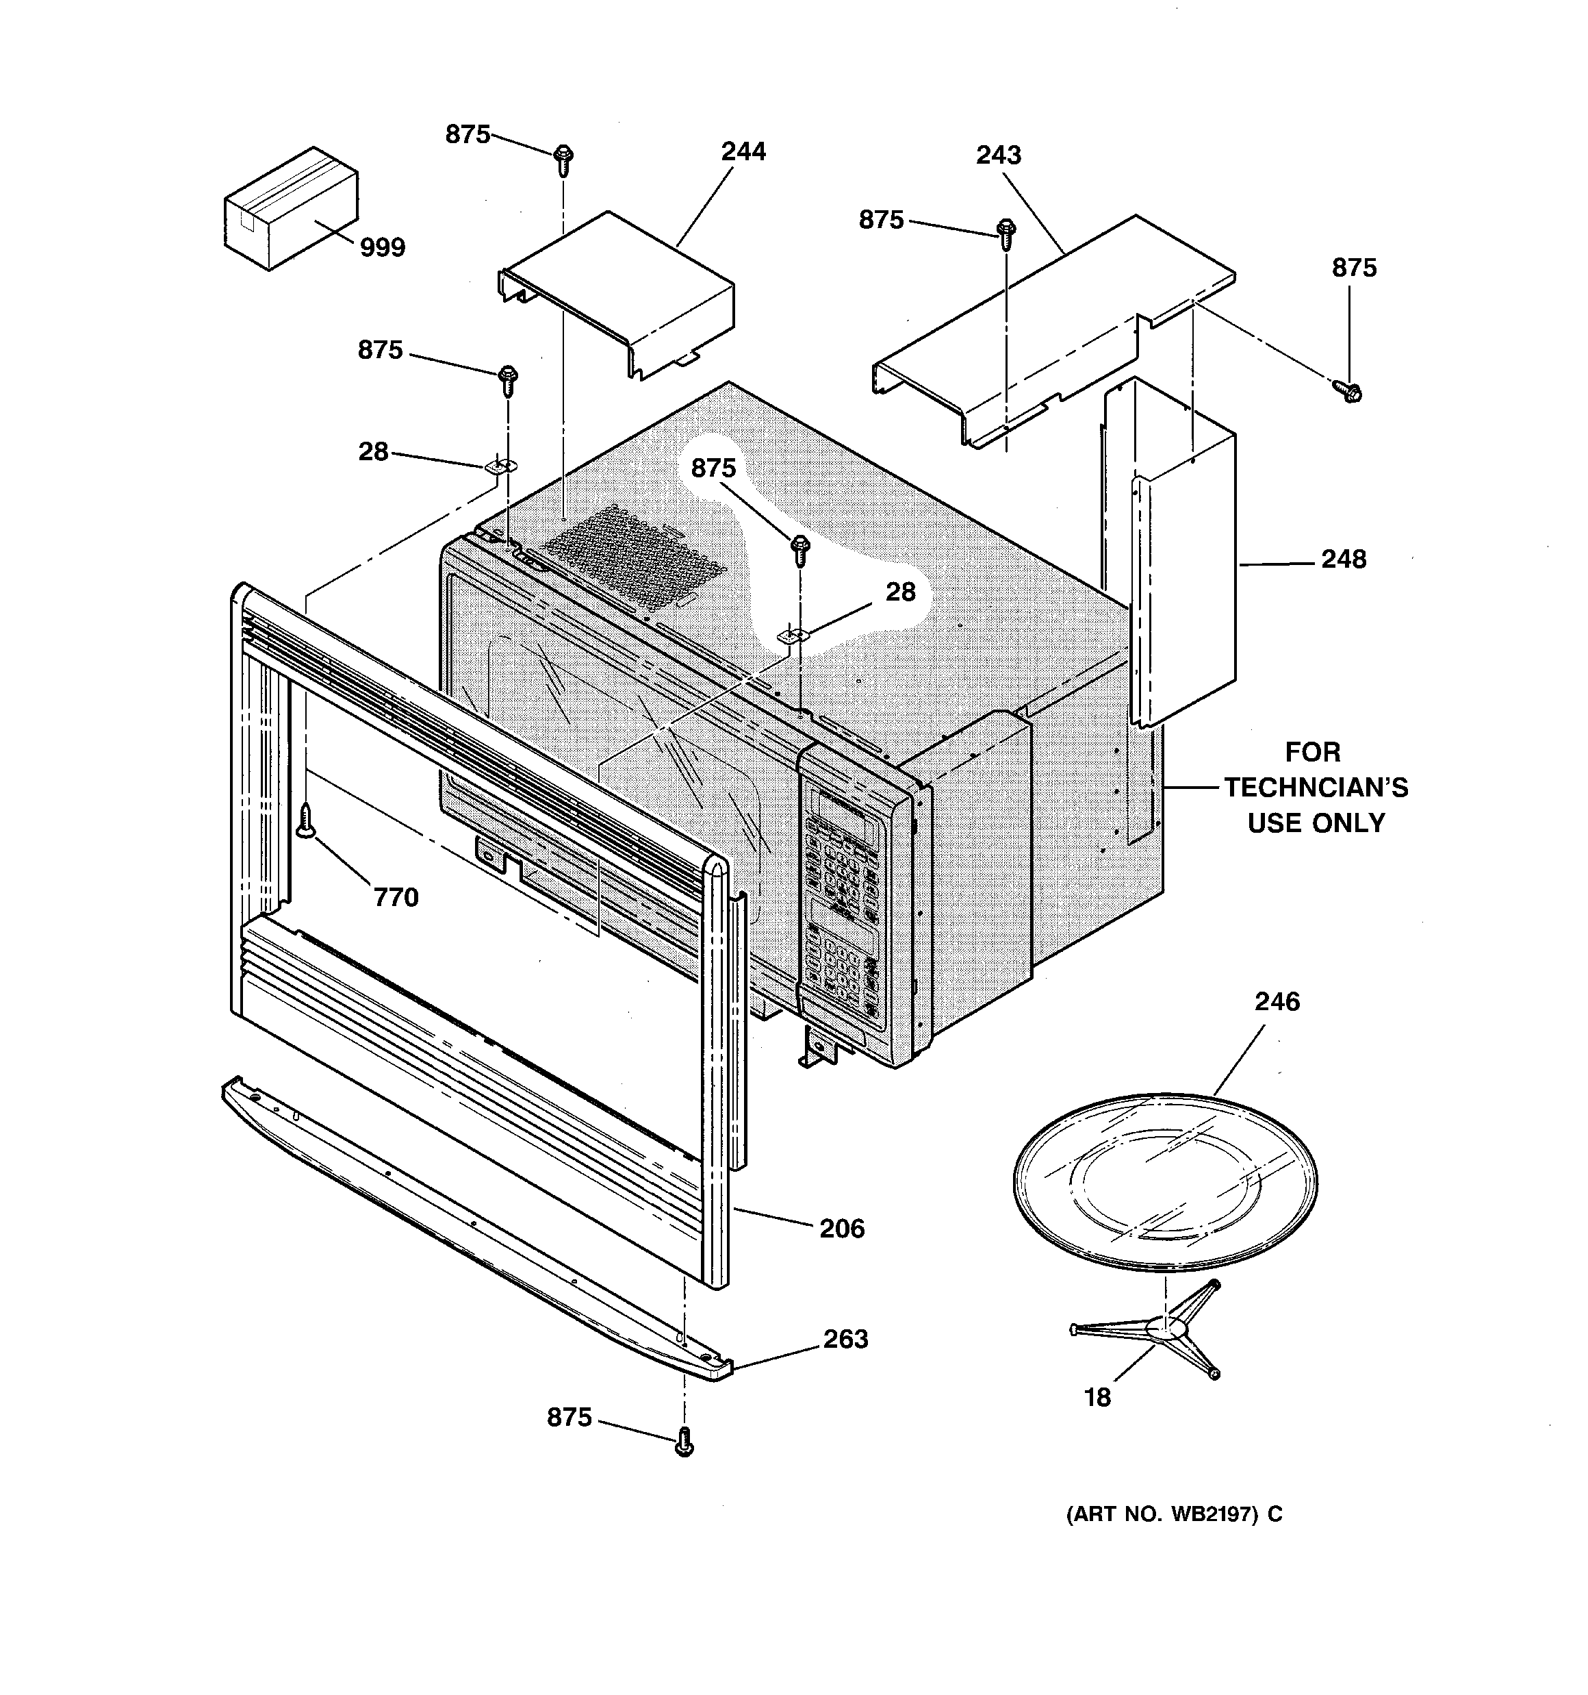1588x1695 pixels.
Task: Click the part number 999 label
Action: click(382, 247)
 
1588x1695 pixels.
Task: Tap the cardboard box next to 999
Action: click(290, 208)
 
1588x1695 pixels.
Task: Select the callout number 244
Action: click(743, 152)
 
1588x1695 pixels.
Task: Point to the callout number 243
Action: click(998, 155)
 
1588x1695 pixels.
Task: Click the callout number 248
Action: click(1344, 560)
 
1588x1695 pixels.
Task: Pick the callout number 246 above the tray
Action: click(1277, 1001)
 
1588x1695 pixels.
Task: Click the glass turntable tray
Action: click(1165, 1185)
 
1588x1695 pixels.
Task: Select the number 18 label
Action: click(1097, 1398)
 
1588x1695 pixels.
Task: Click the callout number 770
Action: click(396, 897)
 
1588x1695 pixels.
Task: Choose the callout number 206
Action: click(841, 1229)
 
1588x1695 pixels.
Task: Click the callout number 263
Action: click(845, 1339)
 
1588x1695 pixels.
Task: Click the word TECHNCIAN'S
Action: click(1316, 787)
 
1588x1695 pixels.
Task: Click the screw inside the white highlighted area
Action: click(800, 550)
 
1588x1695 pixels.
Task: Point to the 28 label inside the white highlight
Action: click(900, 592)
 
